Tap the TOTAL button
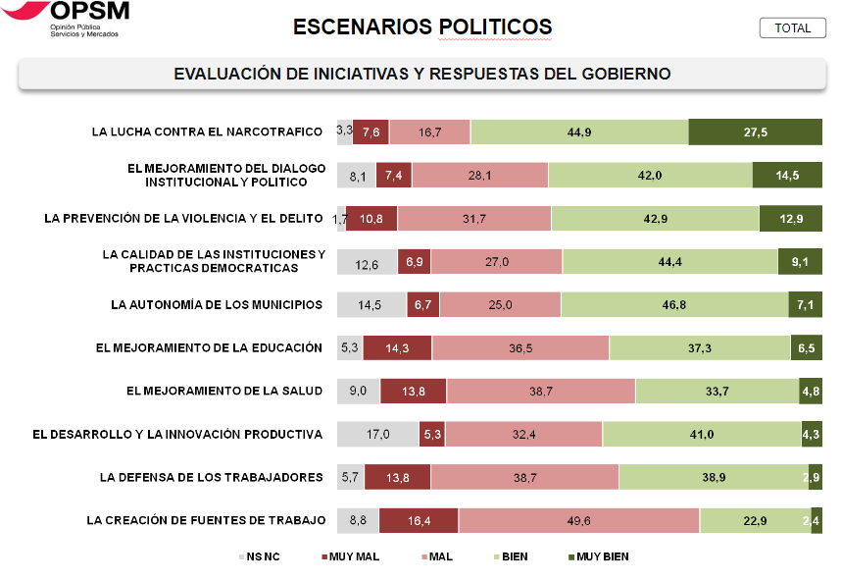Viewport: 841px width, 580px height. point(792,28)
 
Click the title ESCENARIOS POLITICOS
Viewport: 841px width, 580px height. point(422,27)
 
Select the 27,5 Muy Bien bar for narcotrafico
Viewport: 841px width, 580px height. point(755,132)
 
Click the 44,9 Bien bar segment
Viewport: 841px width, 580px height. point(579,132)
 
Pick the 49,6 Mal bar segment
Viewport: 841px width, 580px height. point(578,521)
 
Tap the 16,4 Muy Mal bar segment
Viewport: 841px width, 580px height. point(419,521)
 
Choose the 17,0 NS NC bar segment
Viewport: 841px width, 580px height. point(377,435)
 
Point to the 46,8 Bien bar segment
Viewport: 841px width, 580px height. point(674,305)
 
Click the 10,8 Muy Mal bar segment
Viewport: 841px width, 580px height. point(372,218)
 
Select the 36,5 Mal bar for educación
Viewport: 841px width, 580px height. point(520,348)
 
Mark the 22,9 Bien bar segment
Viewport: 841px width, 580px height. point(754,521)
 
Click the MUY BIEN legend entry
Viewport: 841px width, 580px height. point(597,557)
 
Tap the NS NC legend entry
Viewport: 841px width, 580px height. point(259,557)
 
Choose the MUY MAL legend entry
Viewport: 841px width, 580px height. point(350,557)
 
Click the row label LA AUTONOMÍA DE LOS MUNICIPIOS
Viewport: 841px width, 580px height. point(217,305)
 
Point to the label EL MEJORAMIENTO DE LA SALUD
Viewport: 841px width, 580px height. point(224,392)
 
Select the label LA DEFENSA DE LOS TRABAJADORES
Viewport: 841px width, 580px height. point(211,478)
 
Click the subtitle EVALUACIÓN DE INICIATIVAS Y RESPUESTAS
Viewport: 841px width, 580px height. point(421,75)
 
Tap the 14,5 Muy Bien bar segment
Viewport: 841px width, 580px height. point(787,175)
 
